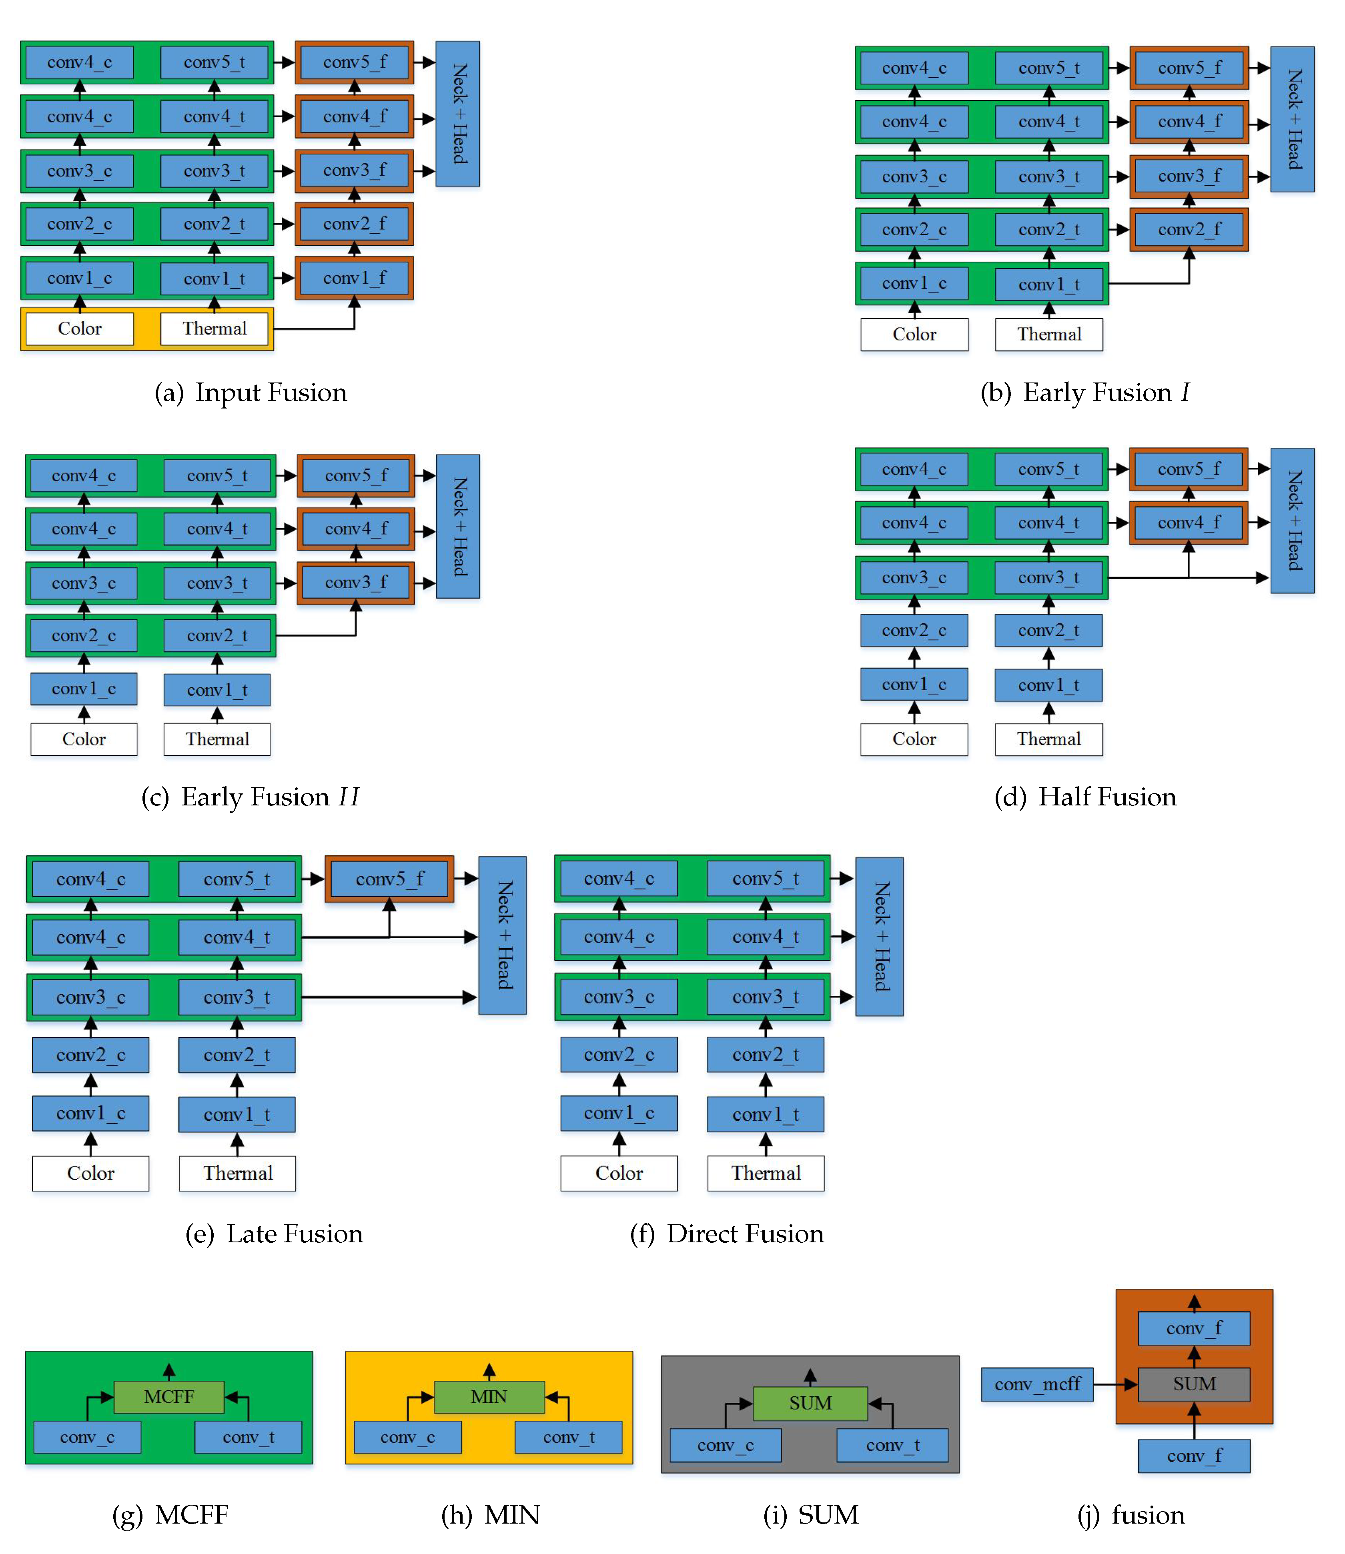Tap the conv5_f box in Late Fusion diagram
point(389,879)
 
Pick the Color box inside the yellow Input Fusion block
point(80,328)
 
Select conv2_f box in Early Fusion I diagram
point(1189,230)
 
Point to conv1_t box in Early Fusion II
point(217,690)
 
